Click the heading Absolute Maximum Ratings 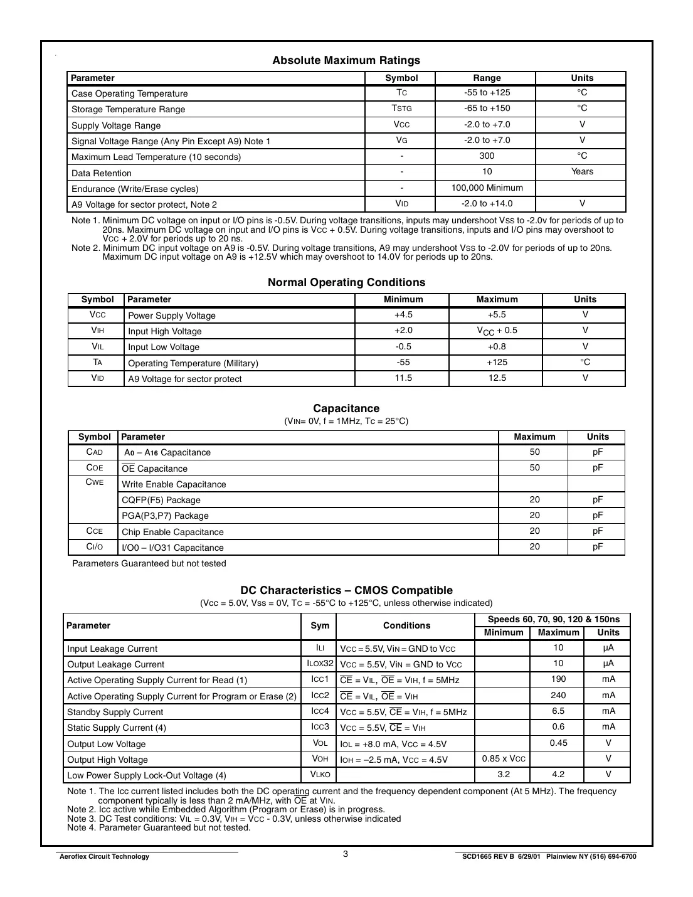coord(346,60)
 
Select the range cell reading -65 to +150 coord(487,109)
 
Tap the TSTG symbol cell coord(401,109)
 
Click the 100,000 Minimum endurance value coord(487,188)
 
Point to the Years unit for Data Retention coord(582,172)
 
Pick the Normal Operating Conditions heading coord(346,282)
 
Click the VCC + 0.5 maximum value coord(497,331)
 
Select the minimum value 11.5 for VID coord(403,378)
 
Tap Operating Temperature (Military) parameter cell coord(193,363)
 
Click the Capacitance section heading coord(346,408)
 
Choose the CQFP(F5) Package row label coord(161,500)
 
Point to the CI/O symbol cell coord(95,547)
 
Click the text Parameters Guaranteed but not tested coord(149,563)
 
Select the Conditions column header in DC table coord(406,625)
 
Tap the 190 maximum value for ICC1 coord(558,679)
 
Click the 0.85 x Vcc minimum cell coord(504,759)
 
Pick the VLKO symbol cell coord(320,775)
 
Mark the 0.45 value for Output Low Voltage coord(558,743)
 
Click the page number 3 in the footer coord(346,854)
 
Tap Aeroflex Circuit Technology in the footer coord(104,857)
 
